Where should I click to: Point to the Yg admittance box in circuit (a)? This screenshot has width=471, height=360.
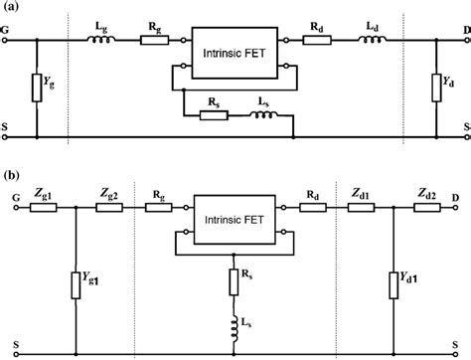(36, 87)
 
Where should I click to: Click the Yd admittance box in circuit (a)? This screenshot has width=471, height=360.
(434, 88)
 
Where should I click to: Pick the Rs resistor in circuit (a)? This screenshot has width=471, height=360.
(215, 115)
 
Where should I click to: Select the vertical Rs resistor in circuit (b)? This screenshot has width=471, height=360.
(235, 280)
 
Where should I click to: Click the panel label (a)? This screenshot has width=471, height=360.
(11, 7)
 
